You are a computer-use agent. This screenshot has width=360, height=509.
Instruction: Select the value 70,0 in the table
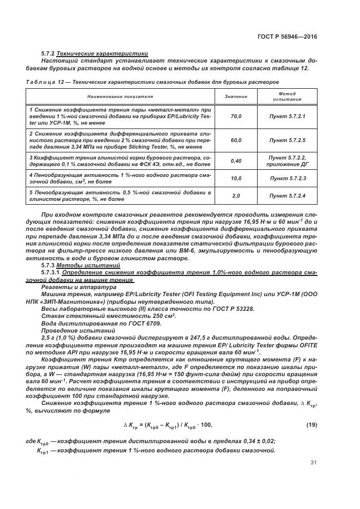tap(236, 116)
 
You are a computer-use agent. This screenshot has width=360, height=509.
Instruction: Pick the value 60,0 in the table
tap(236, 140)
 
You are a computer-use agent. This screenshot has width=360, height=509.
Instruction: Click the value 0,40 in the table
tap(236, 161)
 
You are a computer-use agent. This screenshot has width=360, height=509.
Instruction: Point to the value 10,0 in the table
tap(236, 178)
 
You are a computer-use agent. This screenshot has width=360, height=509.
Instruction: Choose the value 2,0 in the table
tap(236, 195)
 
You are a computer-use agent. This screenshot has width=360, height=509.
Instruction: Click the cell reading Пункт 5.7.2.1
tap(288, 116)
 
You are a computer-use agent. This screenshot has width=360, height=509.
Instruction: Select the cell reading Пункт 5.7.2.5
tap(288, 140)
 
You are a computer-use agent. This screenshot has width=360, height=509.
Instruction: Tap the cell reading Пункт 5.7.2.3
tap(288, 178)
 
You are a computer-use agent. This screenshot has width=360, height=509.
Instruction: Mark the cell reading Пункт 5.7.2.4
tap(288, 195)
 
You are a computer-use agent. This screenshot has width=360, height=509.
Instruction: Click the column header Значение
tap(236, 97)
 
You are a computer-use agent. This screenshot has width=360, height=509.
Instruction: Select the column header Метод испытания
tap(288, 97)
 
